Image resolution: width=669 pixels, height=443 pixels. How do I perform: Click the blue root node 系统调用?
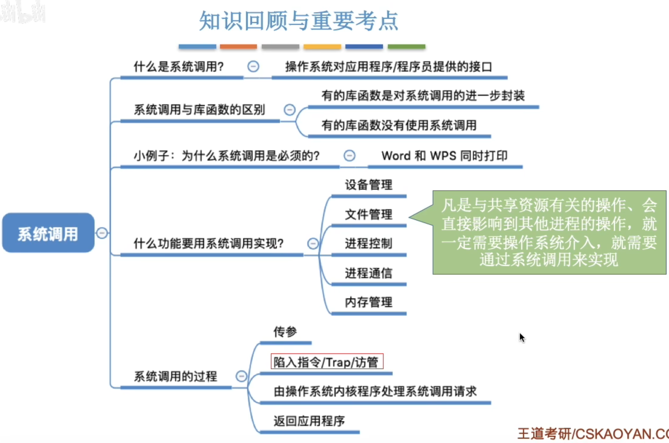pyautogui.click(x=48, y=233)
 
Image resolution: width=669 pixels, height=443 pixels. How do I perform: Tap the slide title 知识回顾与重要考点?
pyautogui.click(x=298, y=21)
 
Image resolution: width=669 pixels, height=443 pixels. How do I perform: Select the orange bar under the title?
pyautogui.click(x=238, y=47)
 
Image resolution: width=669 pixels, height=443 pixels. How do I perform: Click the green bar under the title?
pyautogui.click(x=406, y=47)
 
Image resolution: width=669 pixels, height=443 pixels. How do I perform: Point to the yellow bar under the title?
pyautogui.click(x=322, y=47)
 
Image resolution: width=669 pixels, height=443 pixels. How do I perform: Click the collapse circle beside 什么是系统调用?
pyautogui.click(x=253, y=66)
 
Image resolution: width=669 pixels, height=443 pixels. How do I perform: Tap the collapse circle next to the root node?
pyautogui.click(x=102, y=233)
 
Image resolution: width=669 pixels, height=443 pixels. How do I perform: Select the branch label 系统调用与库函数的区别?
pyautogui.click(x=200, y=110)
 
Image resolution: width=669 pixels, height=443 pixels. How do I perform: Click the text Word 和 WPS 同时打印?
pyautogui.click(x=444, y=156)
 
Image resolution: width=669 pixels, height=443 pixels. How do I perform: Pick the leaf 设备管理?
pyautogui.click(x=369, y=185)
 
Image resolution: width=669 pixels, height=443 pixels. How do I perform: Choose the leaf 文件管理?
pyautogui.click(x=369, y=214)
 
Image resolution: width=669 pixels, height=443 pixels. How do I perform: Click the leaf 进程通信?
pyautogui.click(x=369, y=273)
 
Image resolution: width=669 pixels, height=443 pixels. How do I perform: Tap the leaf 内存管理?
pyautogui.click(x=369, y=302)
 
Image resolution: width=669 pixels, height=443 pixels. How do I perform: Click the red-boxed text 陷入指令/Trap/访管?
pyautogui.click(x=327, y=362)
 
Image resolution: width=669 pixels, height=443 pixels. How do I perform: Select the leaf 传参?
pyautogui.click(x=285, y=332)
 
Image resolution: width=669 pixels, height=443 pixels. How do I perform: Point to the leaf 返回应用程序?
pyautogui.click(x=309, y=421)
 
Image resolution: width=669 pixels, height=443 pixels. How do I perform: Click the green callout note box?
pyautogui.click(x=549, y=232)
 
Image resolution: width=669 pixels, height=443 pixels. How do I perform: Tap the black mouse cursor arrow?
pyautogui.click(x=522, y=337)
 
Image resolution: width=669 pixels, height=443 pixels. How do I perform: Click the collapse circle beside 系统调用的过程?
pyautogui.click(x=241, y=376)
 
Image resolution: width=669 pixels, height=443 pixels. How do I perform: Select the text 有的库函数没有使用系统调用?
pyautogui.click(x=399, y=125)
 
